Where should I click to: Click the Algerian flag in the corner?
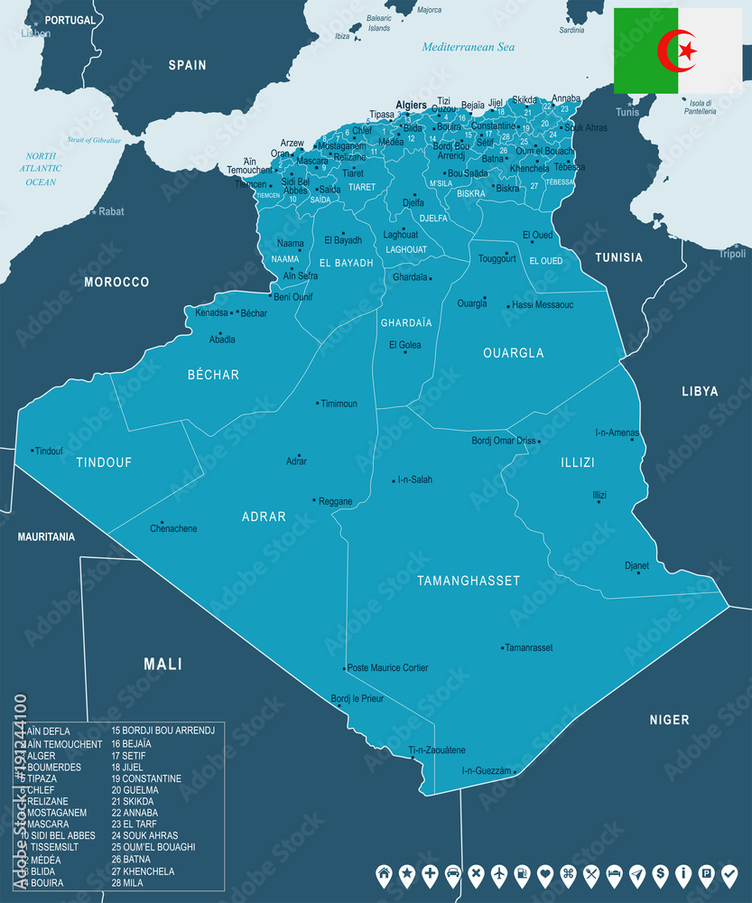click(677, 51)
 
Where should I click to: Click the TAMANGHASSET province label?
click(469, 581)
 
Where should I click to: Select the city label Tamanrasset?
click(530, 648)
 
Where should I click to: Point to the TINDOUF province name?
click(104, 462)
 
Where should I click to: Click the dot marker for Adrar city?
click(299, 455)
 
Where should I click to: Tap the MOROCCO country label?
click(116, 283)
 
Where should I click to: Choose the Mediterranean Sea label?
click(469, 47)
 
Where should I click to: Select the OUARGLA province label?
click(514, 353)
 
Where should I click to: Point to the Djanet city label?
click(636, 566)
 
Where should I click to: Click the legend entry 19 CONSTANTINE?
click(146, 778)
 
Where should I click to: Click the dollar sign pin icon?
click(662, 873)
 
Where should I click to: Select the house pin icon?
click(384, 873)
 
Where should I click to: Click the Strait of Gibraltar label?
click(94, 140)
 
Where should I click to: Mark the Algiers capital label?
click(411, 106)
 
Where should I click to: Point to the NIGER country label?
click(669, 720)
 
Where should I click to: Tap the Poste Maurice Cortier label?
click(388, 668)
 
